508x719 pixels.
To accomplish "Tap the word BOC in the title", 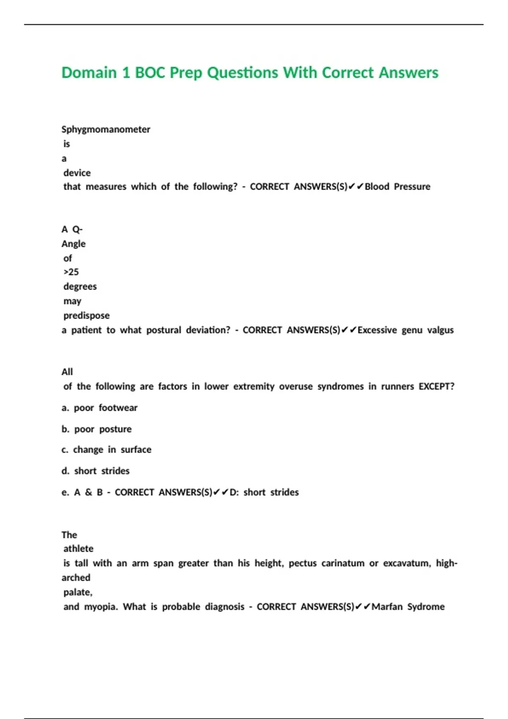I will coord(149,73).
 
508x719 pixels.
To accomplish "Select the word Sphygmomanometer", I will coord(106,129).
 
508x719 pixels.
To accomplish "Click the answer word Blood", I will coord(377,187).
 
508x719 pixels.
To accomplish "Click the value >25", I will coord(71,272).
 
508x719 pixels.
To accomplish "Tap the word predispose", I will coord(86,316).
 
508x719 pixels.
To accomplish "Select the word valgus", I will coord(440,330).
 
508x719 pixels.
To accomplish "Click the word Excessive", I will coord(377,330).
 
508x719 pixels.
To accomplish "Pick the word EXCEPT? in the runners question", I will coord(436,386).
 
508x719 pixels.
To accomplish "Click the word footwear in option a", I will coord(118,408).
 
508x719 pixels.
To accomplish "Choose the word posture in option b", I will coord(115,429).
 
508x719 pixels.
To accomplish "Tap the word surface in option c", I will coord(136,450).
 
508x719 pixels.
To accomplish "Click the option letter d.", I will coord(65,471).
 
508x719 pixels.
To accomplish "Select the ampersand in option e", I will coord(88,492).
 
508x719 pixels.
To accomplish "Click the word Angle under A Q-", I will coord(73,244).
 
